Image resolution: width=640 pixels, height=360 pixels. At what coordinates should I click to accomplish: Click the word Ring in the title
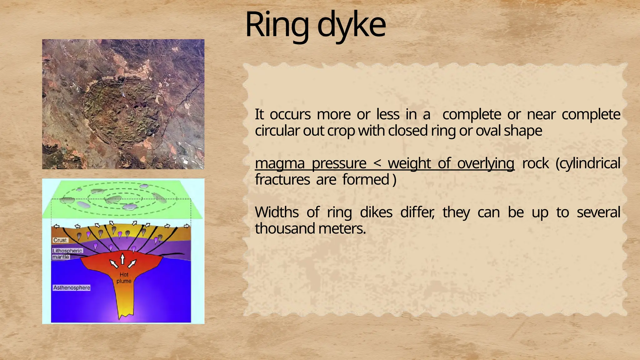click(277, 25)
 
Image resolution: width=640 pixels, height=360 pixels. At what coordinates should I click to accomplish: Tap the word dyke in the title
click(351, 25)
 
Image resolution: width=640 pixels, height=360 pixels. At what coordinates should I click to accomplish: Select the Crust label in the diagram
click(60, 240)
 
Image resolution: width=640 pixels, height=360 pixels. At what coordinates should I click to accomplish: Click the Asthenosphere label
click(72, 287)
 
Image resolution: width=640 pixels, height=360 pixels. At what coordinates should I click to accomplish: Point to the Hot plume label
click(124, 278)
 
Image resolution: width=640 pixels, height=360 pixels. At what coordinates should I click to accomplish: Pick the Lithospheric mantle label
click(67, 254)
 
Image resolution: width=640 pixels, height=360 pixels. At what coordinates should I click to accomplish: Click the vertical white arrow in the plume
click(122, 259)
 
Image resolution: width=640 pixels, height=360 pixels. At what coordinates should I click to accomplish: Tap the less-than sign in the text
click(377, 163)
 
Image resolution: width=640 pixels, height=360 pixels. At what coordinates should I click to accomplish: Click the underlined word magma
click(279, 163)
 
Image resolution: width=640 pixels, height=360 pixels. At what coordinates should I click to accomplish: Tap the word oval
click(488, 131)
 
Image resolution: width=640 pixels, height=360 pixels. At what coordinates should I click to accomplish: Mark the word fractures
click(282, 180)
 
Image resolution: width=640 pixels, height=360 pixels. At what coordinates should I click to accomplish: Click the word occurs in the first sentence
click(290, 114)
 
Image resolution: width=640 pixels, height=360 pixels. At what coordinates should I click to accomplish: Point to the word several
click(598, 212)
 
